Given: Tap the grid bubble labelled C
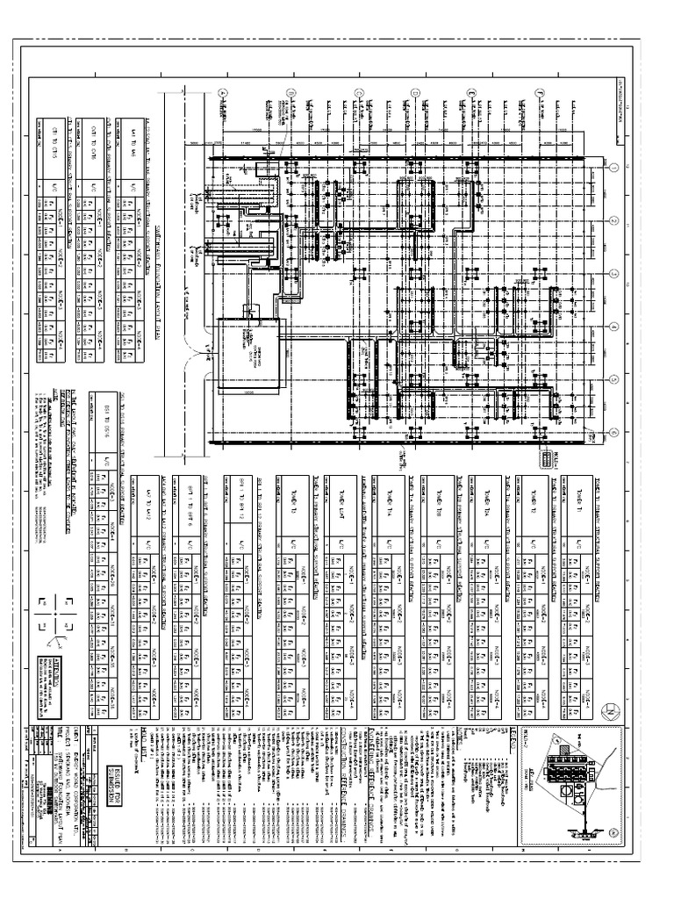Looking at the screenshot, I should click(x=358, y=93).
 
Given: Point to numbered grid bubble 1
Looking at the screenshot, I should click(x=614, y=169).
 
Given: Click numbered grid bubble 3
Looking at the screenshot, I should click(x=614, y=273).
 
